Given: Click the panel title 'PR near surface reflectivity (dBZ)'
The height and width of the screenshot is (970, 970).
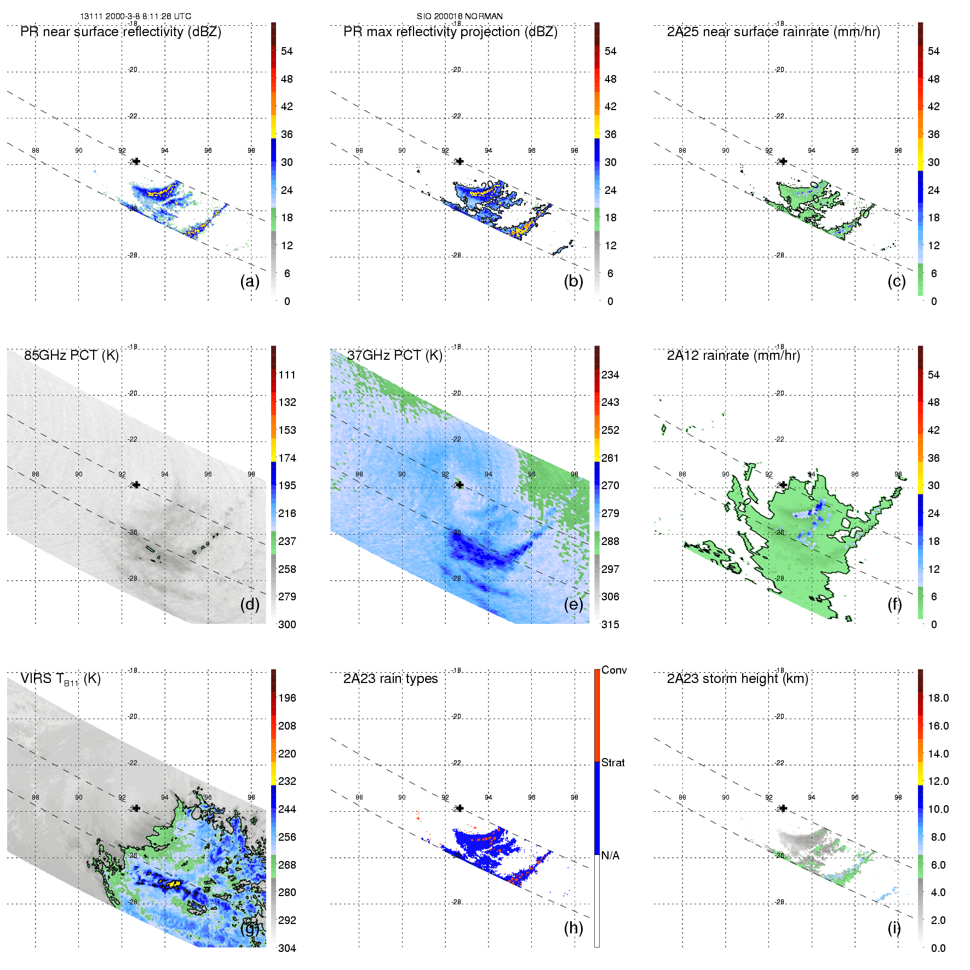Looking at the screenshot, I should [x=120, y=32].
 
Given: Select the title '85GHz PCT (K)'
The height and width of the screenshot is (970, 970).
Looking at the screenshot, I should [x=71, y=355].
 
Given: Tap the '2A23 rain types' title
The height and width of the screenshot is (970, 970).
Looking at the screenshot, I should [x=391, y=679].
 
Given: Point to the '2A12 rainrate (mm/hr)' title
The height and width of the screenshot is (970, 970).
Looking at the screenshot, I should [x=733, y=355].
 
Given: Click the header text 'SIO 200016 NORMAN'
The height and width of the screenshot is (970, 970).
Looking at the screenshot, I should [x=460, y=16].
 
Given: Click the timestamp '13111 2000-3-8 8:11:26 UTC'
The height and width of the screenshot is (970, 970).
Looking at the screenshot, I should [x=136, y=16].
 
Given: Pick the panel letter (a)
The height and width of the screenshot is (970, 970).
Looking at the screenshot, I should [x=250, y=281].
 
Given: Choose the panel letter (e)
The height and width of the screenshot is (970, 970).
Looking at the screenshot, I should [x=573, y=604].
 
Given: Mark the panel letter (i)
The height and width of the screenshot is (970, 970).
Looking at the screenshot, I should [x=894, y=928].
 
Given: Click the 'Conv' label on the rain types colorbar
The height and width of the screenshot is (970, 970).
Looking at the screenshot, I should [x=614, y=670].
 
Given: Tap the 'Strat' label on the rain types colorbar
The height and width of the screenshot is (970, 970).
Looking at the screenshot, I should [x=613, y=763].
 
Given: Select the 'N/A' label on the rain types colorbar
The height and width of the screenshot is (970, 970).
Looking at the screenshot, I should [x=610, y=856].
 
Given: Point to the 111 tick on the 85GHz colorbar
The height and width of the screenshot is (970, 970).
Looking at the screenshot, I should [x=287, y=375].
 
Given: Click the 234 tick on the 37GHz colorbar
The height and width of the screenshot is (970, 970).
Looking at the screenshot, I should [x=610, y=375].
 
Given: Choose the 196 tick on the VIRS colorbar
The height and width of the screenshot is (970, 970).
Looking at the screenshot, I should [x=287, y=698].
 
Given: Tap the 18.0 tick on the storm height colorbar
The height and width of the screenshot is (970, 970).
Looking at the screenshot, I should [x=938, y=698].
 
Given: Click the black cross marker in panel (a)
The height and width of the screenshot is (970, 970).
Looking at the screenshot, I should [x=136, y=162].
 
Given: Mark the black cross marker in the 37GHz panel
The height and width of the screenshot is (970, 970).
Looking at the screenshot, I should [x=460, y=485].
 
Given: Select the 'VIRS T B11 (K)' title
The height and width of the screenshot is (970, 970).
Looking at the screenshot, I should [x=60, y=679].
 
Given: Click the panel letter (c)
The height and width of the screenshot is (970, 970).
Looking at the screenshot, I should [x=897, y=281].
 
